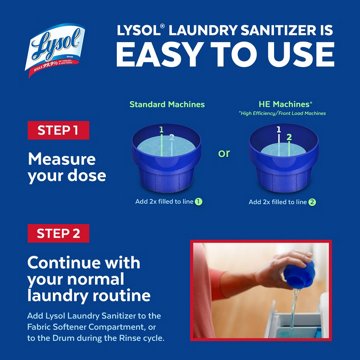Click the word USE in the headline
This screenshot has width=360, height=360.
[302, 56]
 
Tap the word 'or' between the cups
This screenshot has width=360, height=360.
[224, 153]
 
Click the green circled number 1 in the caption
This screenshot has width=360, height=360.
[199, 201]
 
